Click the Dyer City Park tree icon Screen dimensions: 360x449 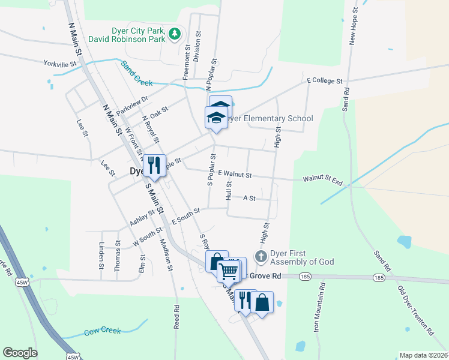point(175,34)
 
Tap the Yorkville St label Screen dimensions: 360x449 point(60,63)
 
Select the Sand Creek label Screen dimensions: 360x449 point(137,74)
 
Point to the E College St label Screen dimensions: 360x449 point(324,80)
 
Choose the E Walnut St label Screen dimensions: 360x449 point(235,173)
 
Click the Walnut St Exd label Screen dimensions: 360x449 point(322,179)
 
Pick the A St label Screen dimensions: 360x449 point(249,197)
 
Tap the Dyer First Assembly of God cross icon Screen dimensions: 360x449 point(261,256)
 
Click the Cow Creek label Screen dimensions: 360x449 point(102,331)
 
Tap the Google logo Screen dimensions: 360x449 point(20,353)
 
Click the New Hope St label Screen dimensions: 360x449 point(354,27)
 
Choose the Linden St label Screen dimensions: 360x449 point(101,256)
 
